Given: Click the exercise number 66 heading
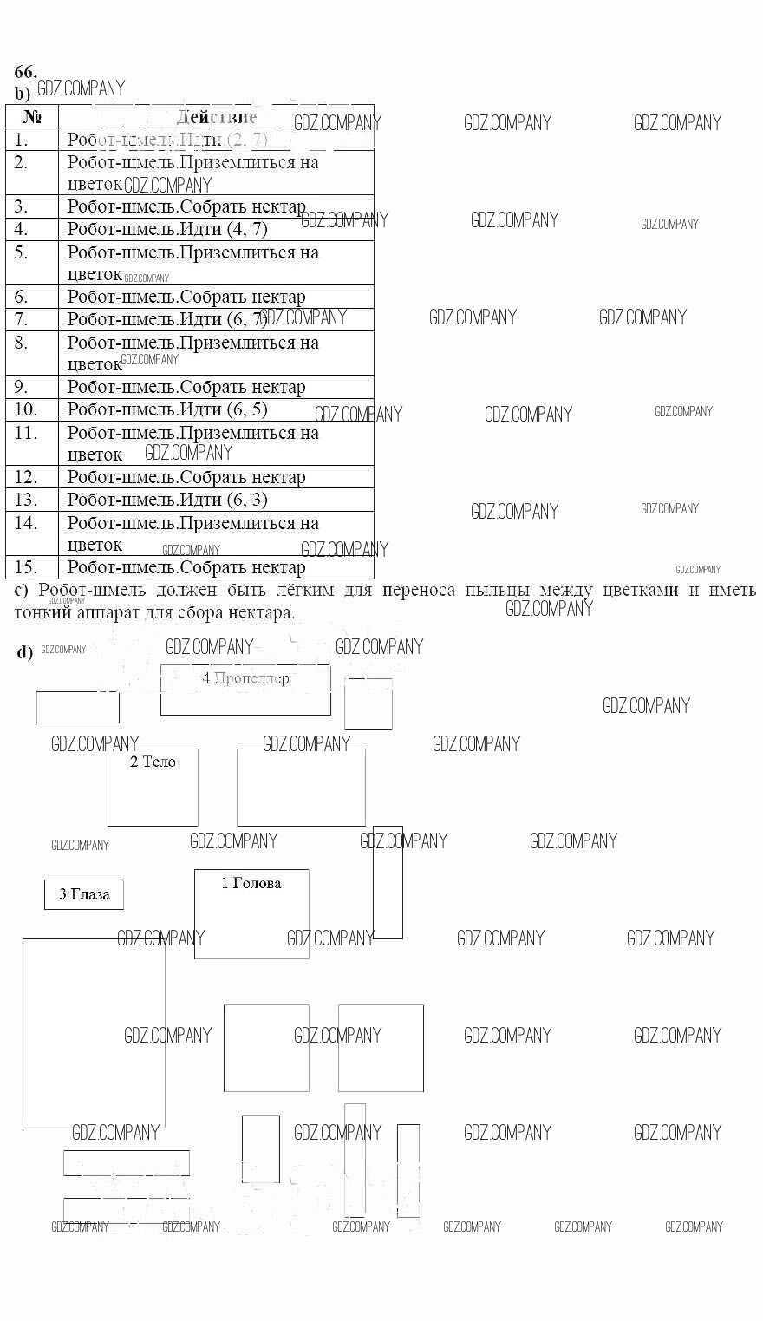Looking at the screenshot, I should click(x=25, y=72).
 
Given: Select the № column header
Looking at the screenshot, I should click(x=32, y=117).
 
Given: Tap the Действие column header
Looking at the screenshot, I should click(x=217, y=117).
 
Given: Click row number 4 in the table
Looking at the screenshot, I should click(x=22, y=229).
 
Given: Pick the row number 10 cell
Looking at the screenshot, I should click(x=26, y=409).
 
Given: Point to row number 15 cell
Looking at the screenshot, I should click(x=26, y=567).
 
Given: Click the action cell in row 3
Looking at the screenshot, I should click(x=186, y=206).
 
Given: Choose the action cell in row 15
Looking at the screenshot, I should click(x=186, y=567).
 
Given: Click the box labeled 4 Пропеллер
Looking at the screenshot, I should click(x=245, y=690).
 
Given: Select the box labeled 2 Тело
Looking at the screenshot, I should click(x=153, y=787).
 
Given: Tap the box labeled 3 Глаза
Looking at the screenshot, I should click(x=84, y=894).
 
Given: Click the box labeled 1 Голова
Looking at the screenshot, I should click(x=251, y=913).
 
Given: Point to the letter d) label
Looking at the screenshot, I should click(x=24, y=652).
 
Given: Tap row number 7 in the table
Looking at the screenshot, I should click(x=22, y=319).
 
